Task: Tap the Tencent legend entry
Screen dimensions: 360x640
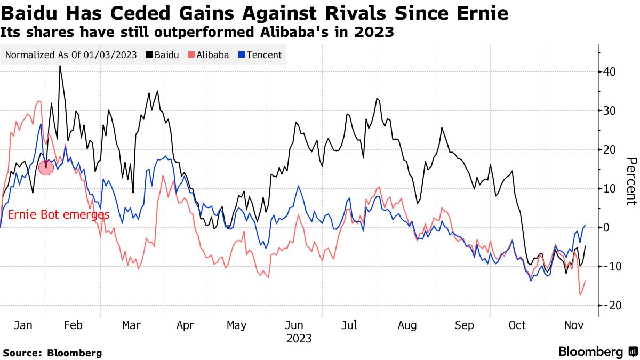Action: tap(260, 55)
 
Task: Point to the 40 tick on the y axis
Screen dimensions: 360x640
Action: tap(610, 72)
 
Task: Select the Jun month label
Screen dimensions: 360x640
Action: tap(294, 325)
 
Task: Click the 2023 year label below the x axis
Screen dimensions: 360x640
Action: tap(299, 339)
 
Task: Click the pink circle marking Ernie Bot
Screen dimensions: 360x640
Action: tap(46, 169)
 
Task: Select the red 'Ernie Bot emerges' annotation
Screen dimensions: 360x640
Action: tap(59, 215)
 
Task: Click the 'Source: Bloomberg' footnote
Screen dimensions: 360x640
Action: tap(52, 353)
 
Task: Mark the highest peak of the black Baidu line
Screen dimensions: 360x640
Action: tap(60, 66)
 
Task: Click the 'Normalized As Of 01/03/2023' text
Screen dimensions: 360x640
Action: tap(71, 55)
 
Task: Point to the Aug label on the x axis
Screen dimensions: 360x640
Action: tap(407, 325)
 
